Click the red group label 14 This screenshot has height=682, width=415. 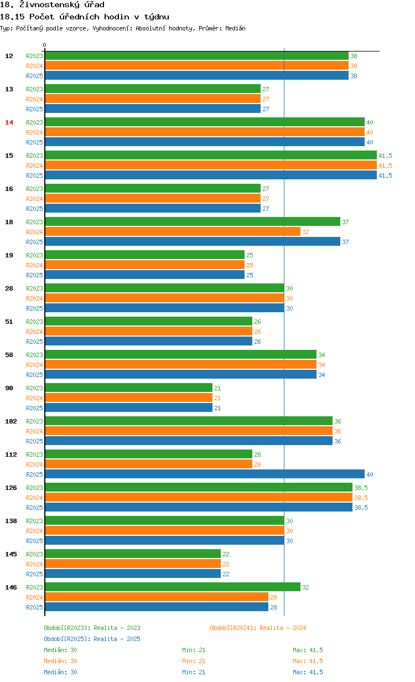(x=9, y=122)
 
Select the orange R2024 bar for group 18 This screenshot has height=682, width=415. (x=173, y=232)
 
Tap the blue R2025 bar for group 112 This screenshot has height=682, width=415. (x=205, y=474)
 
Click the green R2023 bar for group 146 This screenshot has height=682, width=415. (x=173, y=587)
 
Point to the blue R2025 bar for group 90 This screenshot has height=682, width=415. (x=128, y=408)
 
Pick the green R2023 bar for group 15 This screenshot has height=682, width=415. (x=211, y=156)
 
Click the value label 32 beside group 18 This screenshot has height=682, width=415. (x=305, y=232)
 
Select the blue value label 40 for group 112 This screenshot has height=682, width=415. (x=370, y=474)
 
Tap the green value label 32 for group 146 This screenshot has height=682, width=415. (x=305, y=587)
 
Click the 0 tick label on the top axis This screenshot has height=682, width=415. (x=45, y=45)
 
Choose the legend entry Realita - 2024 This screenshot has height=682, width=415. (x=258, y=628)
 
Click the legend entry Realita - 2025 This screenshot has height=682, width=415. (x=92, y=639)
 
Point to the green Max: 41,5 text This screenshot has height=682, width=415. (x=308, y=650)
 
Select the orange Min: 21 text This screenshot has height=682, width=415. (x=194, y=661)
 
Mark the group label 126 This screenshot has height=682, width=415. (x=11, y=488)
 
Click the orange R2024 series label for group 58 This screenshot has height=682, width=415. (x=34, y=365)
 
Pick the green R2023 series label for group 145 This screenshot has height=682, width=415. (x=34, y=554)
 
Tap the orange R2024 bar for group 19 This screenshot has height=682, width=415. (x=144, y=265)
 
